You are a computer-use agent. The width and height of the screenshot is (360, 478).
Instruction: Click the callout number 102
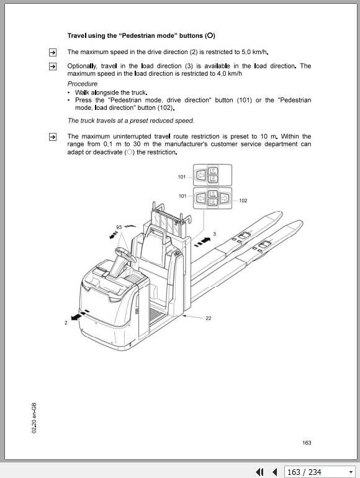tap(243, 201)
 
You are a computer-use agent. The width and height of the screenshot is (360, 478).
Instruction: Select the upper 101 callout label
tap(182, 177)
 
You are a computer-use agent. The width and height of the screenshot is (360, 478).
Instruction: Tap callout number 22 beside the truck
tap(208, 318)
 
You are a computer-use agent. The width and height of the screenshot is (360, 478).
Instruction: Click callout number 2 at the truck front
tap(66, 323)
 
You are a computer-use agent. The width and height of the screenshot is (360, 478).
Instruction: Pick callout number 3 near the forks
tap(214, 234)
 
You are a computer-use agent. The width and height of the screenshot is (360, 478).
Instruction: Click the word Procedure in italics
tap(82, 83)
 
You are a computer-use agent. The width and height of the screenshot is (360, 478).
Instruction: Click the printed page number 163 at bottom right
tap(307, 443)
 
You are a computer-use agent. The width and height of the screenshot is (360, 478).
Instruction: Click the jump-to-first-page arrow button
tap(260, 472)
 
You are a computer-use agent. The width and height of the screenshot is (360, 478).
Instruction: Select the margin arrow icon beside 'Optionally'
tap(53, 66)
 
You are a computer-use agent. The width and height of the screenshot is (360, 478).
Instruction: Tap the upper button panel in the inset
tap(211, 176)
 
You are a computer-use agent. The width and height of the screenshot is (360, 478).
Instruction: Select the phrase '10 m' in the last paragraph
tap(270, 136)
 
